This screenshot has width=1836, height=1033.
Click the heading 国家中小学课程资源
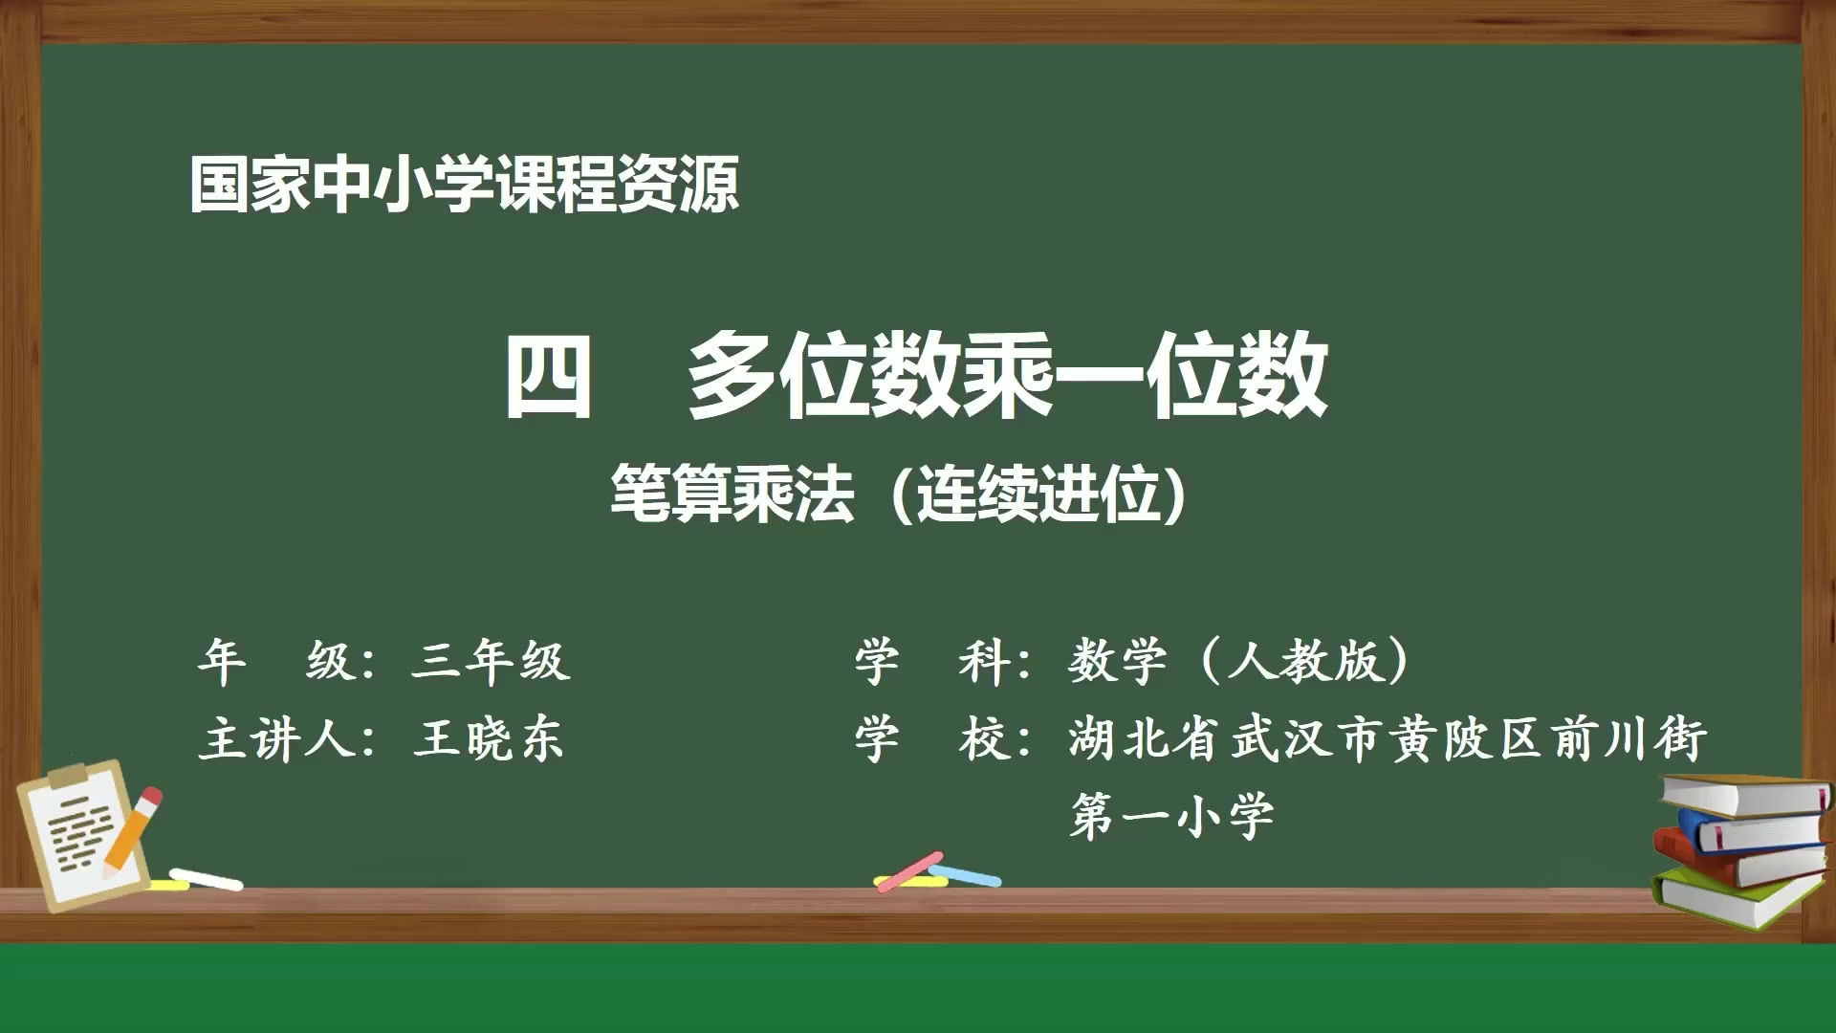click(x=464, y=185)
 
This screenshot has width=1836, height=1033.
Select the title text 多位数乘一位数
click(x=1007, y=376)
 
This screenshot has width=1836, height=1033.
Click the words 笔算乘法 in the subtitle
click(x=732, y=495)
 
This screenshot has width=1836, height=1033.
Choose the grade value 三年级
click(x=491, y=661)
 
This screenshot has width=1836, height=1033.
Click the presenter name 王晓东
click(x=489, y=739)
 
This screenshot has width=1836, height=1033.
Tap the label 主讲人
click(x=277, y=739)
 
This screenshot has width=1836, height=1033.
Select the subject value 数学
click(x=1117, y=661)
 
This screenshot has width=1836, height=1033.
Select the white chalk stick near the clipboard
click(x=206, y=878)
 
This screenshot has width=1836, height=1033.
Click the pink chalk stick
click(x=909, y=871)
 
